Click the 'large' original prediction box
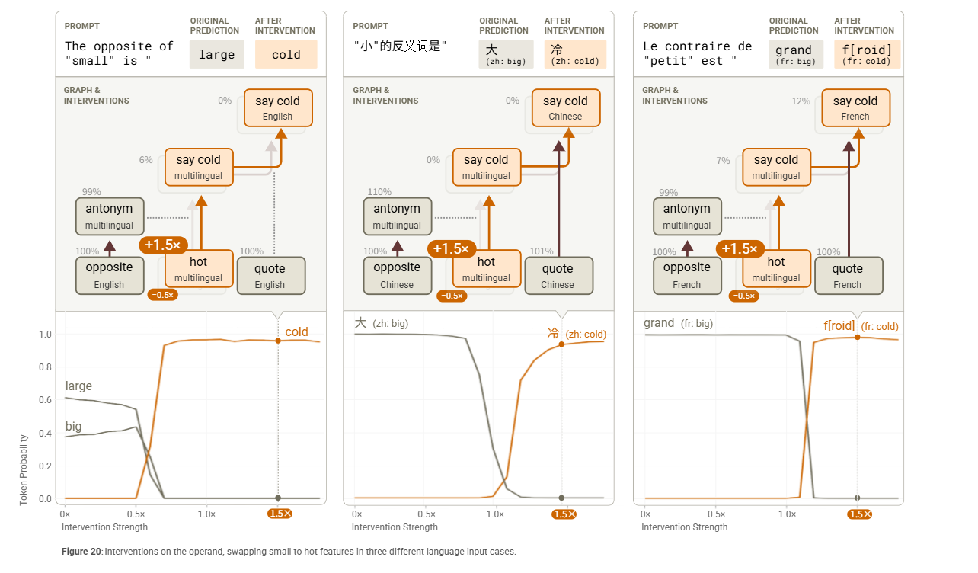click(216, 55)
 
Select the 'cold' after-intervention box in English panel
click(286, 55)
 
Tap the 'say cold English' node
click(277, 108)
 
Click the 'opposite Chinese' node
click(397, 275)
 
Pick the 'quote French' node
click(848, 275)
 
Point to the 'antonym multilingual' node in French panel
click(686, 216)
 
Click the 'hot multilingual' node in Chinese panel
click(487, 269)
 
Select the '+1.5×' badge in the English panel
click(162, 245)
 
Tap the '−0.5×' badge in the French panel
click(743, 296)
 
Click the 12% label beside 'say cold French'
click(801, 101)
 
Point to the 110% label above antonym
click(379, 192)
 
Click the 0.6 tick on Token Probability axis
click(45, 400)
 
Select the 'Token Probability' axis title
click(24, 470)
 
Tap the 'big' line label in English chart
click(74, 426)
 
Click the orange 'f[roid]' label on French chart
click(839, 325)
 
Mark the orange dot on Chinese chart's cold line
click(561, 344)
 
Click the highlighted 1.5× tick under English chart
click(280, 514)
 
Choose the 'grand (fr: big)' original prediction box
click(794, 55)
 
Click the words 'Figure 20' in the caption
click(81, 552)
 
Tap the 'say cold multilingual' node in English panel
click(199, 167)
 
